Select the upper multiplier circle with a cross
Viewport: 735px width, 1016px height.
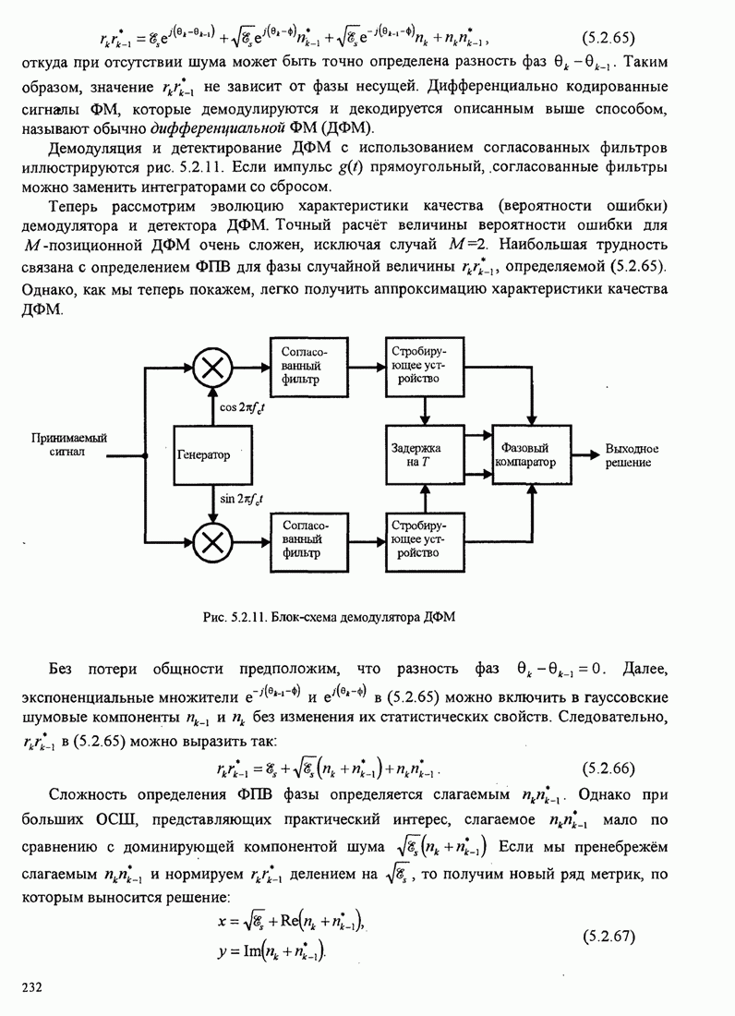pyautogui.click(x=213, y=368)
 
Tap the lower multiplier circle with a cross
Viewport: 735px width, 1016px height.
pyautogui.click(x=213, y=542)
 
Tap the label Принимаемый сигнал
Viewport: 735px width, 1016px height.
pyautogui.click(x=69, y=446)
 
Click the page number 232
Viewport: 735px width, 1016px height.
pyautogui.click(x=33, y=989)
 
